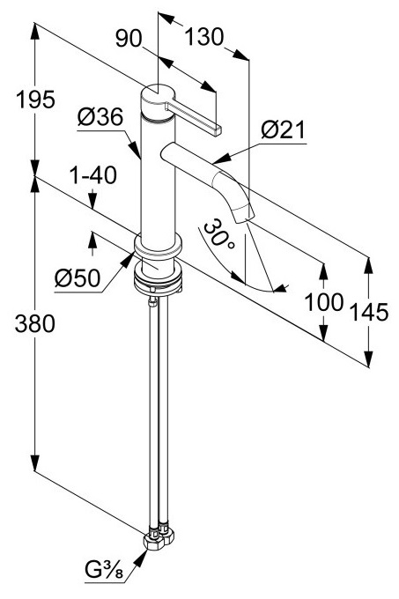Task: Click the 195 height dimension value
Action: point(35,100)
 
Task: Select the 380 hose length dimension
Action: point(34,323)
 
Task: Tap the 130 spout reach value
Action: point(203,37)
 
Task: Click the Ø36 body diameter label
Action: point(100,117)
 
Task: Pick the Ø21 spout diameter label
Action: point(284,129)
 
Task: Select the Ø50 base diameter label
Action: point(78,277)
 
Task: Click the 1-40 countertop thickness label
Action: point(92,175)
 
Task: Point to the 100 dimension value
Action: point(324,302)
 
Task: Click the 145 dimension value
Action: point(369,312)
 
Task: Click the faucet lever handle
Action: point(194,115)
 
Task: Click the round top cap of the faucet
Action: point(158,94)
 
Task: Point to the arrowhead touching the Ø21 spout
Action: point(221,159)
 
